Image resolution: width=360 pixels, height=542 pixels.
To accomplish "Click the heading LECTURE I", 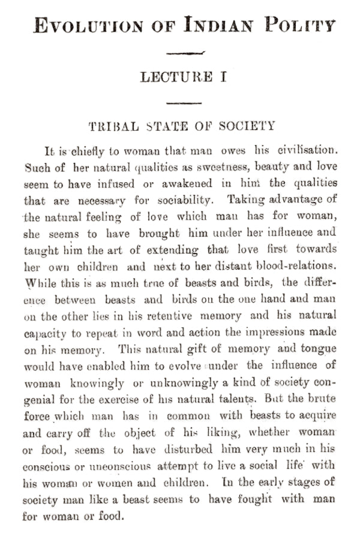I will point(183,77).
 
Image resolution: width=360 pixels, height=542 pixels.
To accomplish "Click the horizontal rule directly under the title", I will point(185,53).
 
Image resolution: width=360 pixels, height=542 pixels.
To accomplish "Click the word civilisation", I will point(306,149).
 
